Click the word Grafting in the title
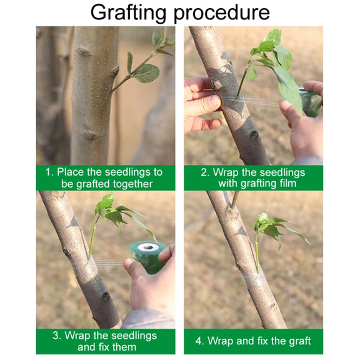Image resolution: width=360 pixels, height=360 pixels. (128, 13)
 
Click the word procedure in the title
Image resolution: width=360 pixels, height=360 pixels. (222, 13)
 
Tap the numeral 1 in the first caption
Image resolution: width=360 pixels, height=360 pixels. (49, 172)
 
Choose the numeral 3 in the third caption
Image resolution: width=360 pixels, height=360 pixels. (56, 336)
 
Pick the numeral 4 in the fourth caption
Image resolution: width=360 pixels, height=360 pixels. (199, 341)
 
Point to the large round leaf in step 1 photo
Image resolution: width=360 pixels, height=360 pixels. (146, 74)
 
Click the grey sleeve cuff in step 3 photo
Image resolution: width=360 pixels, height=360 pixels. (147, 319)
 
